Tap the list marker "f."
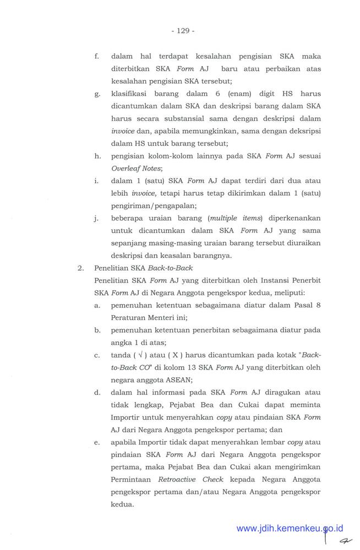point(97,57)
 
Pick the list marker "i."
point(97,180)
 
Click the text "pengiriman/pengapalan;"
point(149,205)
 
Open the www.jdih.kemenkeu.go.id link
point(290,529)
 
